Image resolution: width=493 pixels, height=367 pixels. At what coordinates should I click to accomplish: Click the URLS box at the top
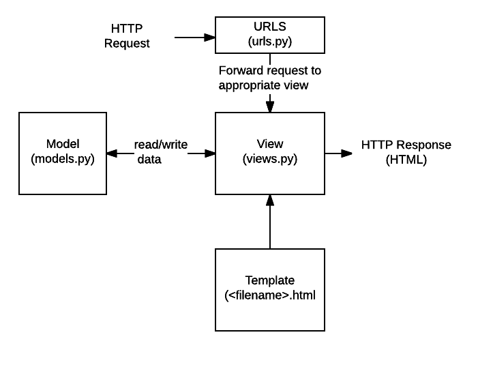coord(270,35)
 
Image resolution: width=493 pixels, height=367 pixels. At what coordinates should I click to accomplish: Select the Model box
coord(63,153)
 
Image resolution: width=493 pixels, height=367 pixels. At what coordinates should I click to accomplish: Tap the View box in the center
coord(270,153)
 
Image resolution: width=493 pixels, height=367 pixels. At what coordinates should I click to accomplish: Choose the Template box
coord(270,290)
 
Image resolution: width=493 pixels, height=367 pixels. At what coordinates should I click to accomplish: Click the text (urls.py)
coord(270,42)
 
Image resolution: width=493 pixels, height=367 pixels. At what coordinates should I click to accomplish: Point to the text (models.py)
coord(63,159)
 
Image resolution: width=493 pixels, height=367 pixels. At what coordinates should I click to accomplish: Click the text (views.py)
coord(270,159)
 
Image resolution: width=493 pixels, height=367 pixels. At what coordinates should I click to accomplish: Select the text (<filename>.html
coord(270,295)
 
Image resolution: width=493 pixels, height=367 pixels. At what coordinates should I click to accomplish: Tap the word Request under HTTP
coord(127,44)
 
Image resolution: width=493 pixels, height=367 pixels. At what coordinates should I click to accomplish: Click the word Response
coord(423,145)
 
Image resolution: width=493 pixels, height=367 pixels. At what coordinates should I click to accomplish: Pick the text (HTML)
coord(406,160)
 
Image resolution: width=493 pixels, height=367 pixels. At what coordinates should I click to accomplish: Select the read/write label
coord(161,145)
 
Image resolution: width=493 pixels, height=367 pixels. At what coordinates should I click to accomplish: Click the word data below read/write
coord(149,160)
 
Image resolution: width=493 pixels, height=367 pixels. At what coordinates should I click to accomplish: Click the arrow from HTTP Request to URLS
coord(195,38)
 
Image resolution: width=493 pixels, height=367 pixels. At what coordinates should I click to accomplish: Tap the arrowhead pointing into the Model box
coord(112,153)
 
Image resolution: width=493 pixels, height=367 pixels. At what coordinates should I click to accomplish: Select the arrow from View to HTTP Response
coord(338,153)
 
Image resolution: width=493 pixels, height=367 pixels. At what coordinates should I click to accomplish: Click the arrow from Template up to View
coord(270,222)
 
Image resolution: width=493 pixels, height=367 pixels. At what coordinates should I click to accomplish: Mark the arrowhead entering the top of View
coord(270,107)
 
